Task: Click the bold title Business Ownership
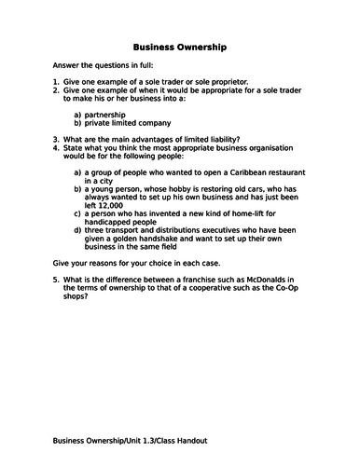[x=179, y=45]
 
